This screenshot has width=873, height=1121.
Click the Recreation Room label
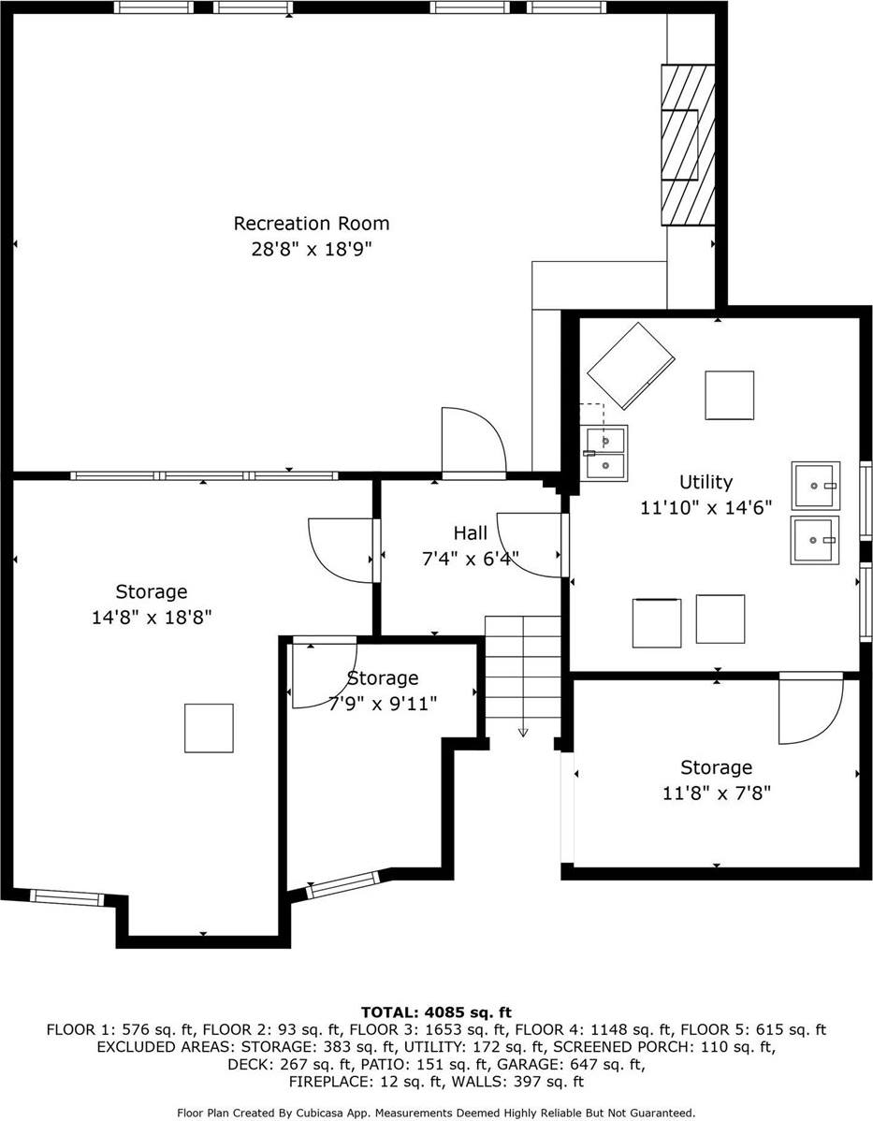coord(311,224)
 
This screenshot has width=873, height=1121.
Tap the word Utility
coord(706,482)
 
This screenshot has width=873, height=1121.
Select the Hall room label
coord(470,532)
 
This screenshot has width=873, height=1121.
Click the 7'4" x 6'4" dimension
coord(470,559)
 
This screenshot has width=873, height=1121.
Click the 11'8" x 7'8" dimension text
coord(716,793)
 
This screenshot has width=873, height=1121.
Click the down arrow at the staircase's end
coord(522,731)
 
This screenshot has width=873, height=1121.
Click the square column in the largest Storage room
coord(209,728)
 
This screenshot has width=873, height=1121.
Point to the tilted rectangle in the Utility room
coord(632,366)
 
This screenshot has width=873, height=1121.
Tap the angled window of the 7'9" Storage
coord(343,884)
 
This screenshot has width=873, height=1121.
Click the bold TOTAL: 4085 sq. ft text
coord(436,1012)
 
